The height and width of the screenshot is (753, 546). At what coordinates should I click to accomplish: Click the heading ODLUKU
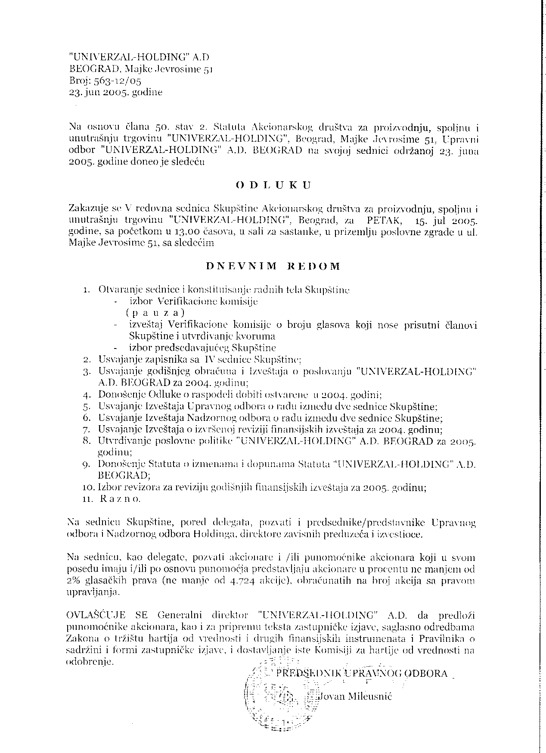(273, 186)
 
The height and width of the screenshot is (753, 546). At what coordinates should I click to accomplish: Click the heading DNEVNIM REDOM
(273, 266)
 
